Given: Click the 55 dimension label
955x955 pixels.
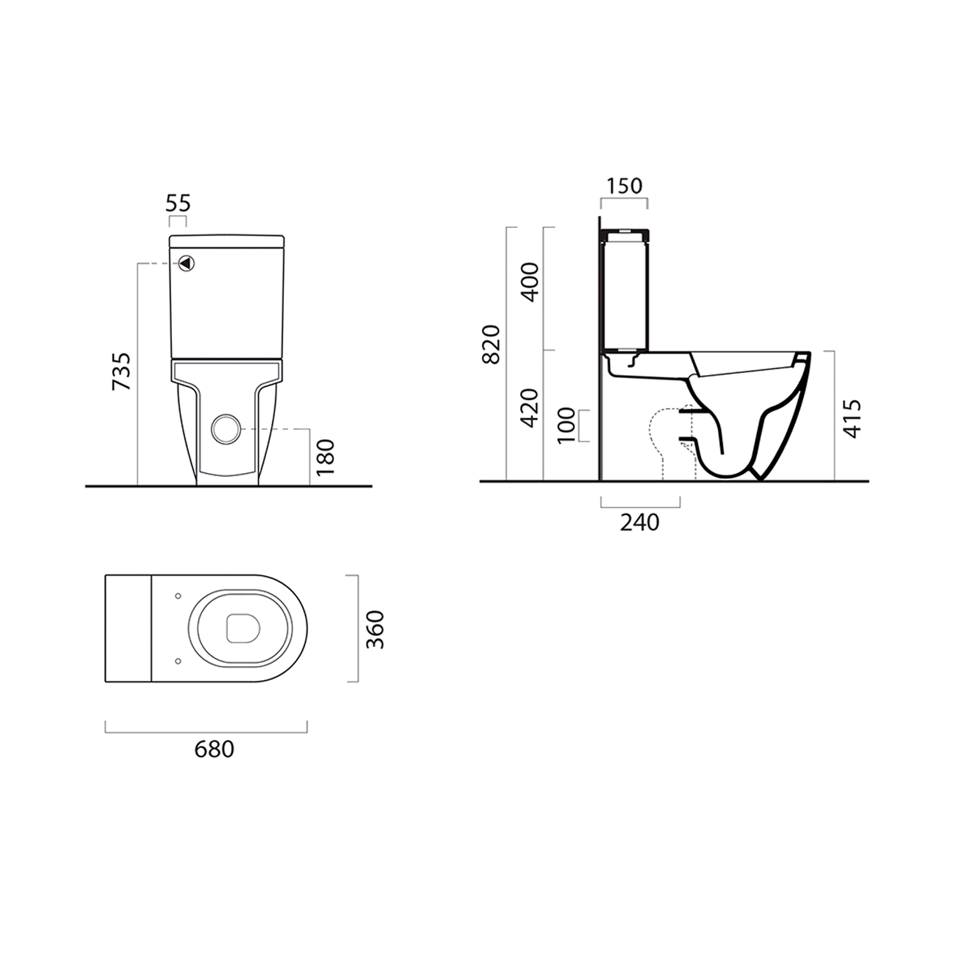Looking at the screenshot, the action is [178, 203].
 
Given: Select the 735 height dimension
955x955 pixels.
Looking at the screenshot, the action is [121, 371].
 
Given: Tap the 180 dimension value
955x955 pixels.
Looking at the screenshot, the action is [325, 456].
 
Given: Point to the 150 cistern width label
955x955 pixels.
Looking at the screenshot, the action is [624, 186].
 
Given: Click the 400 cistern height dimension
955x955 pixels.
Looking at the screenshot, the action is [530, 281].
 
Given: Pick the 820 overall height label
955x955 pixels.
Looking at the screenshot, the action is [491, 344].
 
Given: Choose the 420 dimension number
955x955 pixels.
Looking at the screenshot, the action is [530, 407].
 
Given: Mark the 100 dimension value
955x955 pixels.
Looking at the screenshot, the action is [565, 425].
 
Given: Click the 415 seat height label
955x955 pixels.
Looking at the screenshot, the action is [852, 418].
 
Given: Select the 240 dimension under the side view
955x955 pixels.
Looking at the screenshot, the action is [640, 522].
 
